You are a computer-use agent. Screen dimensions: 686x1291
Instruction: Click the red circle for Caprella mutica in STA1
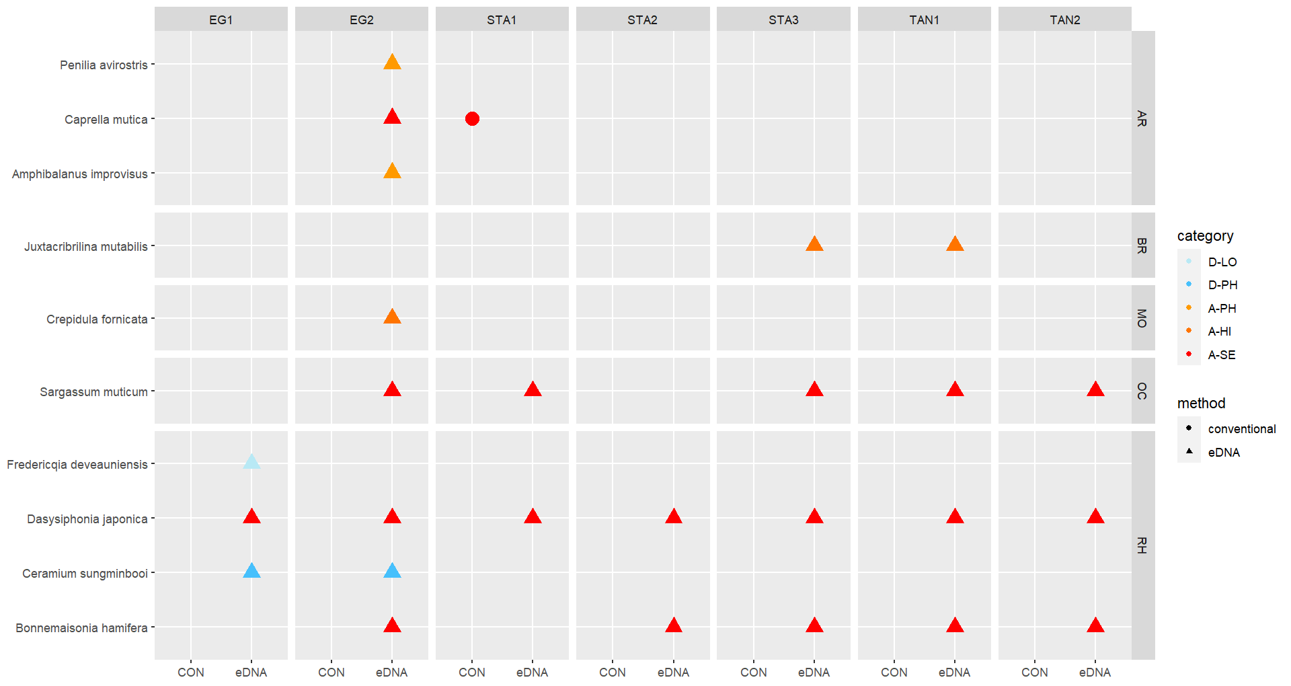472,119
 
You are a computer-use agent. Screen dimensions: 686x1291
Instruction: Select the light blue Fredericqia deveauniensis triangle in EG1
251,462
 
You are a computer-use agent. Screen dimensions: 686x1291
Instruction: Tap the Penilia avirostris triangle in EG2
392,63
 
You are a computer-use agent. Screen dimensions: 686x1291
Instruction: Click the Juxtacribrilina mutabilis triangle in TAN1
955,244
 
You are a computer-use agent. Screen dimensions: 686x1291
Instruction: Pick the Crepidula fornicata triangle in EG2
392,317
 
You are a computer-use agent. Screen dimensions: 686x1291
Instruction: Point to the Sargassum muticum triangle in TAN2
1095,389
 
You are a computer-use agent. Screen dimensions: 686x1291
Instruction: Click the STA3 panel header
783,20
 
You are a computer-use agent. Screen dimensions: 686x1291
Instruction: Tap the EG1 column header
221,20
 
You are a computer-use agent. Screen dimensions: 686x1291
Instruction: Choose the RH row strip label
1142,545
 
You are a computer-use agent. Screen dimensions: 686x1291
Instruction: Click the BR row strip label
1142,245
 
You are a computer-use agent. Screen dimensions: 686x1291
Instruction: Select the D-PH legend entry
1222,285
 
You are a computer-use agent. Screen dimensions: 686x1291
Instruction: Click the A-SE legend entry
1221,355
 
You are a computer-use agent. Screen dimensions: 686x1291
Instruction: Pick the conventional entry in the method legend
1241,429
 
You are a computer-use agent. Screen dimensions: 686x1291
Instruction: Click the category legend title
1205,236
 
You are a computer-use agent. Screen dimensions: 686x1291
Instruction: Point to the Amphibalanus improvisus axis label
80,174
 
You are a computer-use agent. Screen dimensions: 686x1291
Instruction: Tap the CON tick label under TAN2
1034,673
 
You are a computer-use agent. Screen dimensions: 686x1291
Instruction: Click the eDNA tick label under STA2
673,673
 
